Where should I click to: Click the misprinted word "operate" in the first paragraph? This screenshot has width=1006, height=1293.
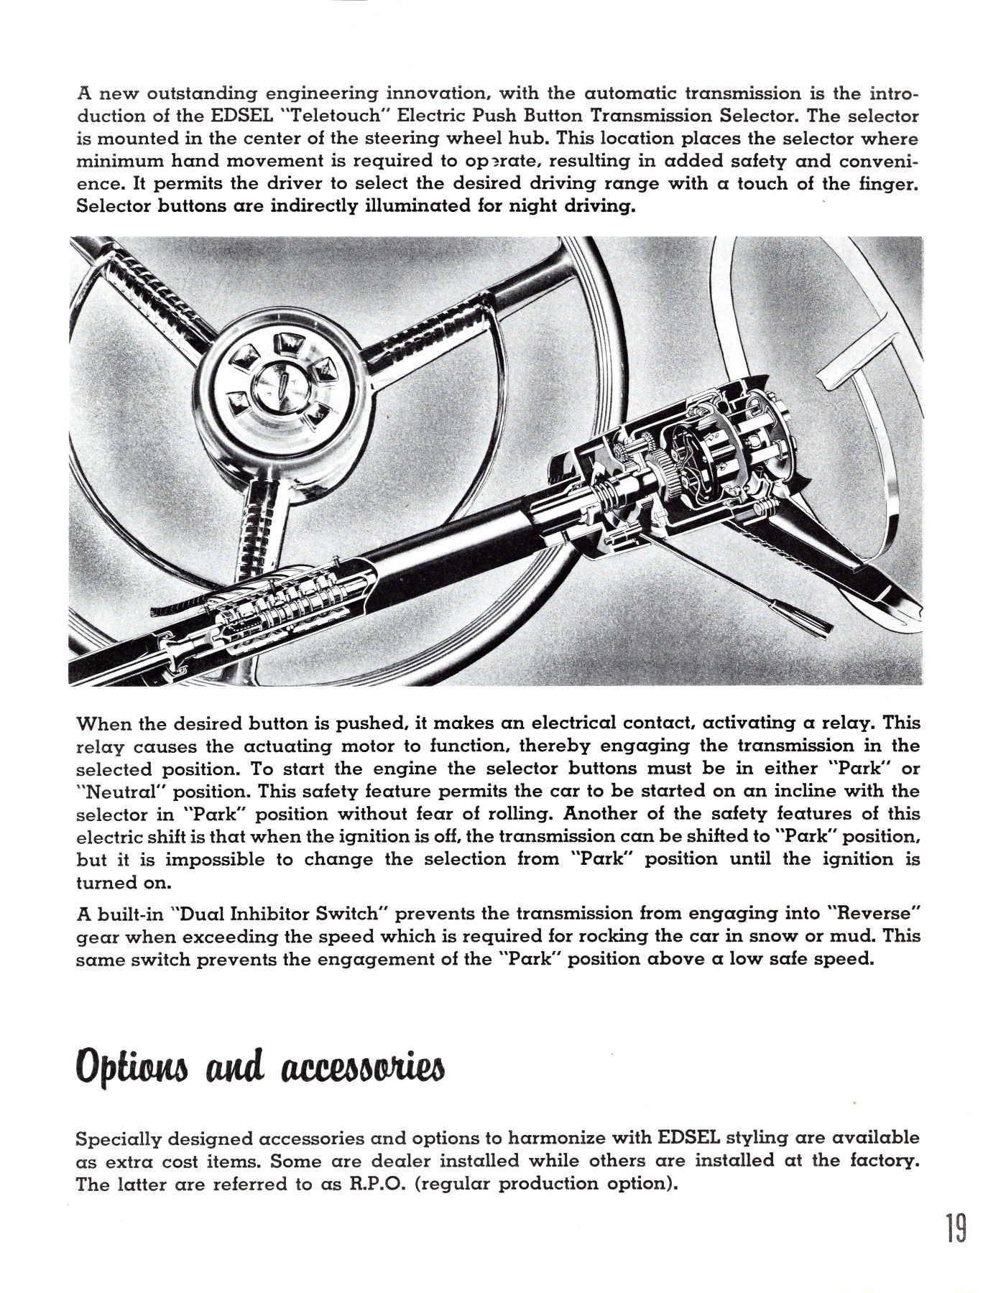click(x=486, y=161)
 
